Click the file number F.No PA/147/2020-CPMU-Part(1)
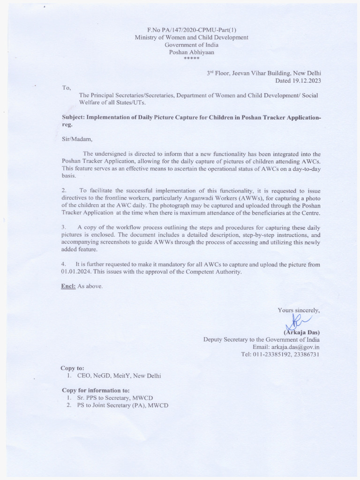point(191,30)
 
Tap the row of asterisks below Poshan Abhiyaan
point(191,60)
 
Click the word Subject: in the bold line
point(76,118)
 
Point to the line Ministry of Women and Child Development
point(191,37)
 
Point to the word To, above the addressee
point(67,88)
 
